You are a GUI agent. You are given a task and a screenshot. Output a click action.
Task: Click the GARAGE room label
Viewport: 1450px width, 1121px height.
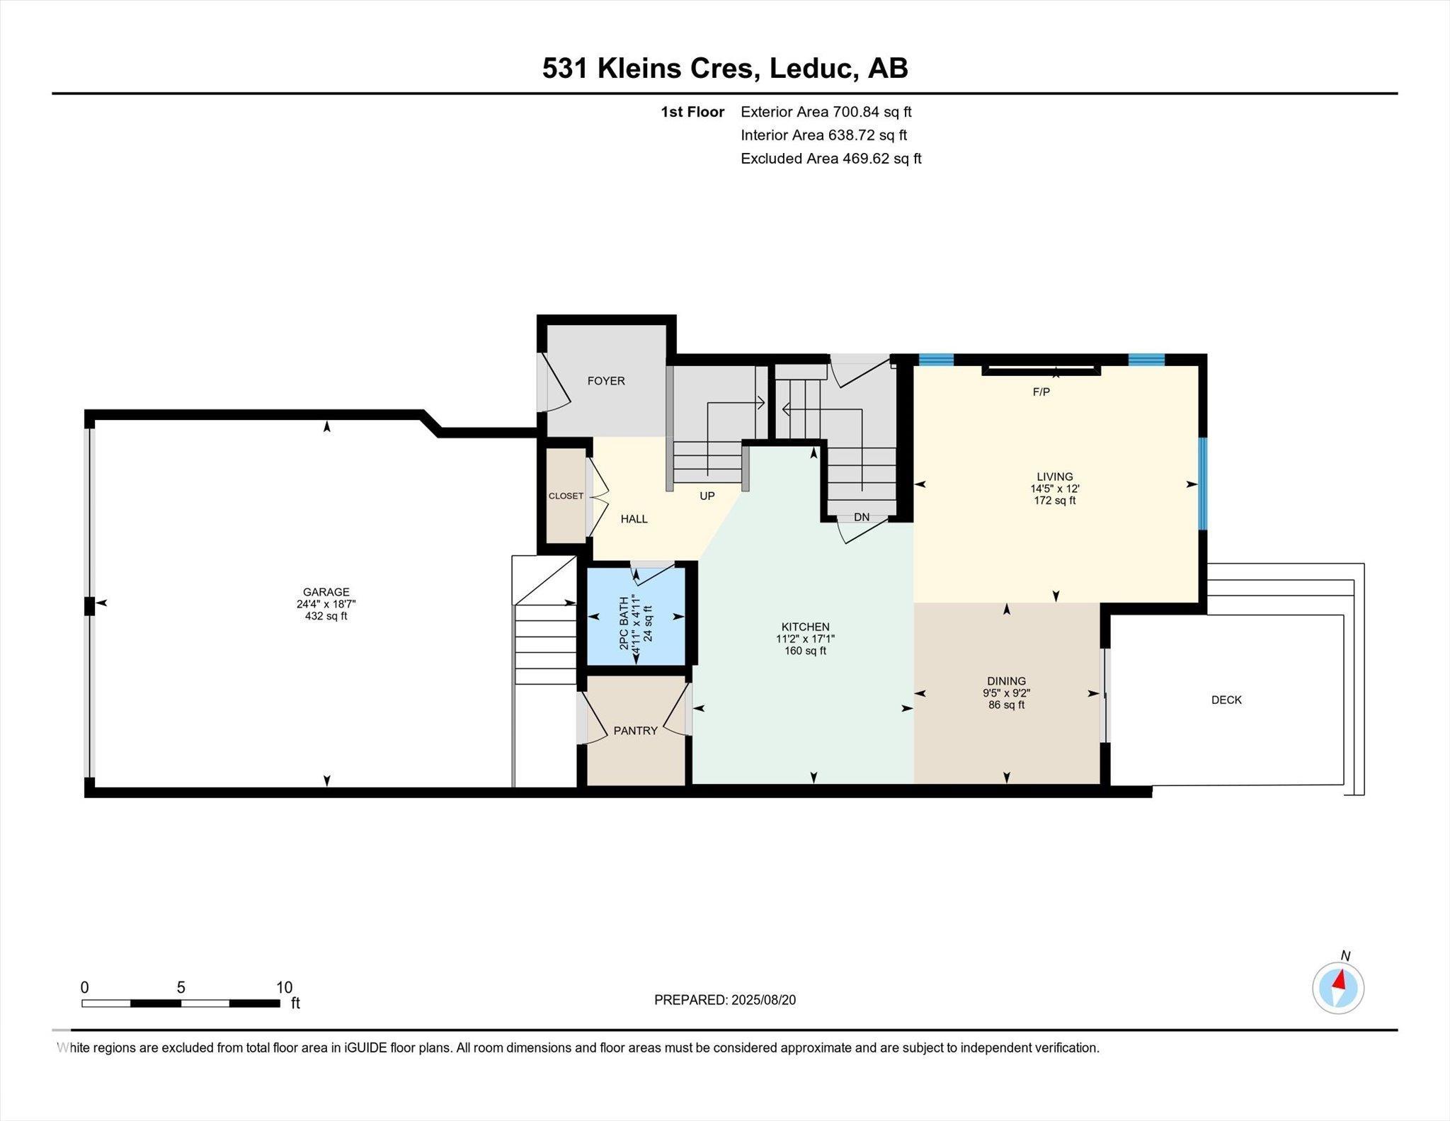coord(326,592)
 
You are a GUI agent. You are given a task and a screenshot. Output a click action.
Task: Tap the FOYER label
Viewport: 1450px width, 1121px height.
coord(606,381)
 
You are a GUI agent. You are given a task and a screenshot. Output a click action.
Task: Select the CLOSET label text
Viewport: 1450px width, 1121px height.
coord(566,496)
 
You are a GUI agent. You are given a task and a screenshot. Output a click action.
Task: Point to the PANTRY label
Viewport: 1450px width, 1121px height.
coord(636,731)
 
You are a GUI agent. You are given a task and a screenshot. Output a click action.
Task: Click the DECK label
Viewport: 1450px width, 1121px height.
coord(1226,700)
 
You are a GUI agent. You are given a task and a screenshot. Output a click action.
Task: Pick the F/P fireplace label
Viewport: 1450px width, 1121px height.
coord(1041,392)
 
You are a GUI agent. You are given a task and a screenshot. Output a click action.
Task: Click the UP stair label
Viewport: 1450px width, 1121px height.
coord(707,496)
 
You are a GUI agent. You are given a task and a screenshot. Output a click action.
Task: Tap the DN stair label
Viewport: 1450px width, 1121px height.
coord(862,517)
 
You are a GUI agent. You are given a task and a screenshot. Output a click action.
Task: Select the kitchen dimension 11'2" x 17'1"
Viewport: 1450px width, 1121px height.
coord(805,639)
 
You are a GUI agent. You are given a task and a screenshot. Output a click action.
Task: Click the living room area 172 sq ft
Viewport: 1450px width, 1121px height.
coord(1055,501)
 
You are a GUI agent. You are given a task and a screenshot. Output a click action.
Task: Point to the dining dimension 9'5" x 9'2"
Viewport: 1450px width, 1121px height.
coord(1006,693)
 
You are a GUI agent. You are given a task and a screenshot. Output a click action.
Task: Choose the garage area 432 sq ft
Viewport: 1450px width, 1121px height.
coord(326,616)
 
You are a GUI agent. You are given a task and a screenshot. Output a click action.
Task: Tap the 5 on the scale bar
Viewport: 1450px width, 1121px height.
coord(181,988)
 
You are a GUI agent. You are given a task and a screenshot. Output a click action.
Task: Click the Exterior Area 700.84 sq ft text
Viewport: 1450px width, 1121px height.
coord(826,112)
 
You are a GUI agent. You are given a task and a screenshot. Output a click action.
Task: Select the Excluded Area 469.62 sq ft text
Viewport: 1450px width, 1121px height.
coord(831,159)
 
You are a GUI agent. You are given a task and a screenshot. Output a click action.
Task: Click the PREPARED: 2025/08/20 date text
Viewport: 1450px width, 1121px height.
coord(725,1000)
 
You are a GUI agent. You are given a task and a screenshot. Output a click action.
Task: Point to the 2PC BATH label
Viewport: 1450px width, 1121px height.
coord(624,623)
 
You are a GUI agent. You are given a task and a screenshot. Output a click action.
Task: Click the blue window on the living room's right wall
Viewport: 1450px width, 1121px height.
coord(1202,484)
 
